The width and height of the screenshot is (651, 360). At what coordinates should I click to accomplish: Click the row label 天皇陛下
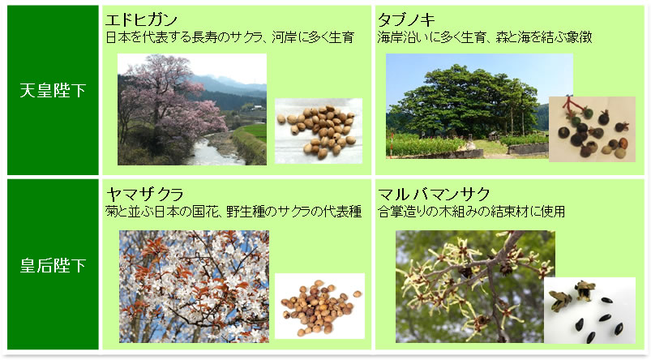(53, 91)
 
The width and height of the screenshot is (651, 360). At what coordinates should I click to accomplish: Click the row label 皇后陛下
(53, 266)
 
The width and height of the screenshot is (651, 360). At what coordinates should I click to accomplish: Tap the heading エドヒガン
(142, 19)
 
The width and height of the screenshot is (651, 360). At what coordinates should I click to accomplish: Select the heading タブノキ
(406, 19)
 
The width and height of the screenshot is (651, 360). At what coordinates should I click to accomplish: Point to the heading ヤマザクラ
(144, 194)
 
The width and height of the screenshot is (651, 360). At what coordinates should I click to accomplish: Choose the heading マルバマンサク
(435, 194)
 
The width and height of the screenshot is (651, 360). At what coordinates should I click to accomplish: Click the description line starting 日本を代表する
(230, 37)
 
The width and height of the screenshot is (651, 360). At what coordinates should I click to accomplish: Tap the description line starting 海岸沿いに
(485, 37)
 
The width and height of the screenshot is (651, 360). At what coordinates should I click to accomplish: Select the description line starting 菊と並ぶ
(233, 212)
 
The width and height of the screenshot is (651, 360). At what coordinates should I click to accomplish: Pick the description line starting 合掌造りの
(471, 212)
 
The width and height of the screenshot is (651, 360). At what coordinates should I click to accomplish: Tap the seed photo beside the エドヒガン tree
(319, 131)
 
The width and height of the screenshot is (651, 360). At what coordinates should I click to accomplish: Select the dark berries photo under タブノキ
(592, 129)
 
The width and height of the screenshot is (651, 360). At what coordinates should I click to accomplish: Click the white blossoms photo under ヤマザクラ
(194, 286)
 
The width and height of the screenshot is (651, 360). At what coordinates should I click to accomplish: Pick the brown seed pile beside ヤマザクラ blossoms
(319, 306)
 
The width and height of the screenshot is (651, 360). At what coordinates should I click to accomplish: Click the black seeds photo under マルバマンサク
(589, 311)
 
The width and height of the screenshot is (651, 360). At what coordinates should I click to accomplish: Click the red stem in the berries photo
(572, 106)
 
